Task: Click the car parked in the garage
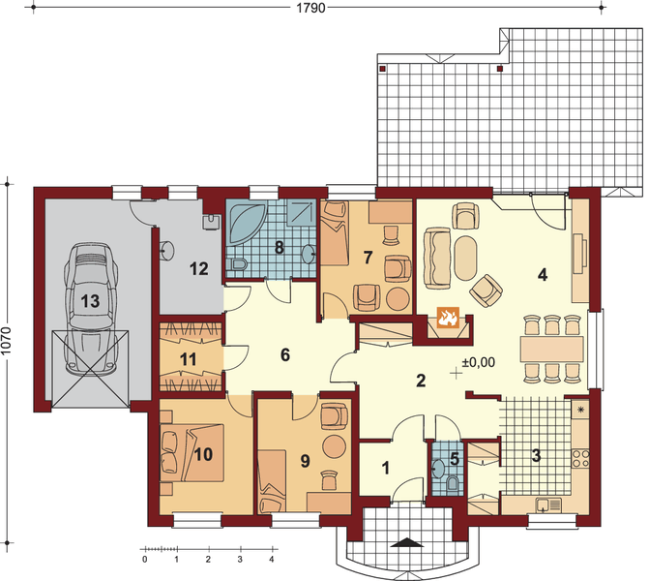click(90, 308)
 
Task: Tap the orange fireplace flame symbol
click(448, 318)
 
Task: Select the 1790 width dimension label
click(310, 8)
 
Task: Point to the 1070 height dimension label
click(6, 341)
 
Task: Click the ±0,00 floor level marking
click(479, 362)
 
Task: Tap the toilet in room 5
click(454, 484)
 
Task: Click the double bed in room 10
click(192, 452)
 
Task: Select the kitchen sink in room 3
click(548, 505)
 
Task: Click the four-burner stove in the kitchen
click(580, 459)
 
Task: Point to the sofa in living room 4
click(436, 258)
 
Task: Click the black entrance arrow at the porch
click(408, 542)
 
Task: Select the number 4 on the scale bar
click(272, 560)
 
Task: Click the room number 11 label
click(189, 359)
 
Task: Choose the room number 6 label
click(285, 354)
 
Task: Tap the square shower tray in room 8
click(302, 212)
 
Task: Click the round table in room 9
click(334, 446)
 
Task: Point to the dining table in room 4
click(551, 349)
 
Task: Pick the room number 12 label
click(198, 269)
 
